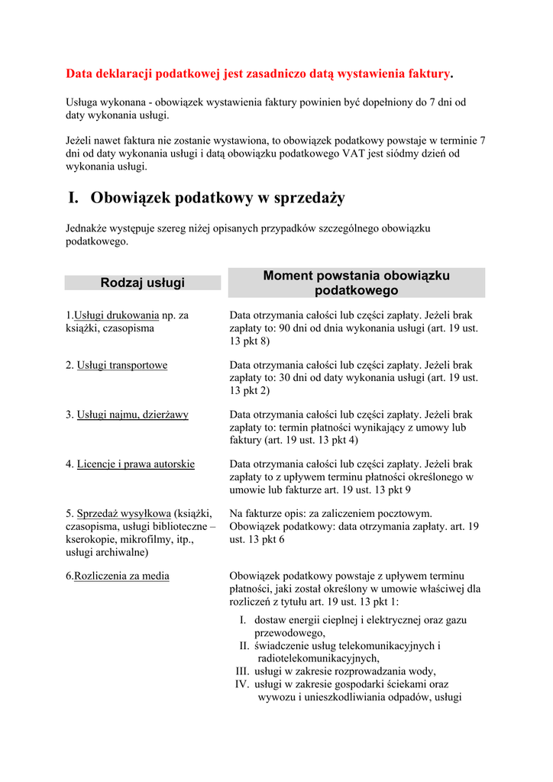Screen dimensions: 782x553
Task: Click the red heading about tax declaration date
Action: pyautogui.click(x=259, y=73)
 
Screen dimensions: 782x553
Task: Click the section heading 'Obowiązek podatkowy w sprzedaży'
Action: pyautogui.click(x=218, y=198)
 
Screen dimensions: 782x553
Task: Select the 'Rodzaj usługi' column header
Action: pyautogui.click(x=143, y=283)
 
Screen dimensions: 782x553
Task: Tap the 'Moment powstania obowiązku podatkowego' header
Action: pyautogui.click(x=356, y=283)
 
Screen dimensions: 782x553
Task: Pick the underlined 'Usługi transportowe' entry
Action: pyautogui.click(x=122, y=365)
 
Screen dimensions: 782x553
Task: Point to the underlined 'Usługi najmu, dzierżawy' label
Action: pyautogui.click(x=133, y=415)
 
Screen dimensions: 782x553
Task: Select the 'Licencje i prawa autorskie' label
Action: pyautogui.click(x=136, y=464)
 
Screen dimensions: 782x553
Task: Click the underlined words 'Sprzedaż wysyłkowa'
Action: pyautogui.click(x=124, y=513)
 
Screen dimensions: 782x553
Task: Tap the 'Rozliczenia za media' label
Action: pyautogui.click(x=122, y=576)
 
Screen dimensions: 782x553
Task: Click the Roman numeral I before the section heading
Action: pyautogui.click(x=73, y=198)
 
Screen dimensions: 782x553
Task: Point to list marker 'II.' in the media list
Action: pyautogui.click(x=245, y=645)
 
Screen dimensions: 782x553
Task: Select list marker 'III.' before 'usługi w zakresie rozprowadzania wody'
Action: pyautogui.click(x=244, y=671)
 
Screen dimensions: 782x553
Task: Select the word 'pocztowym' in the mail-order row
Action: pyautogui.click(x=407, y=513)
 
